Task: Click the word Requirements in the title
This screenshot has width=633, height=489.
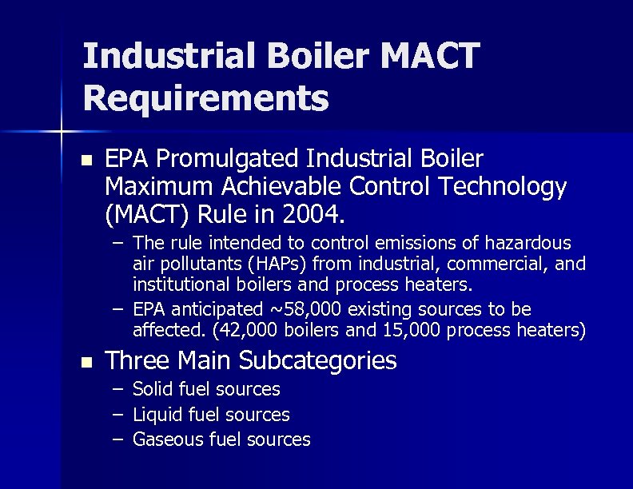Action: [x=205, y=98]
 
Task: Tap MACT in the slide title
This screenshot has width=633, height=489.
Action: [x=432, y=56]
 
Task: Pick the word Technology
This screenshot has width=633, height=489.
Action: [x=498, y=187]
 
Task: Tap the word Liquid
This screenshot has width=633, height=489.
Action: [x=157, y=415]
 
